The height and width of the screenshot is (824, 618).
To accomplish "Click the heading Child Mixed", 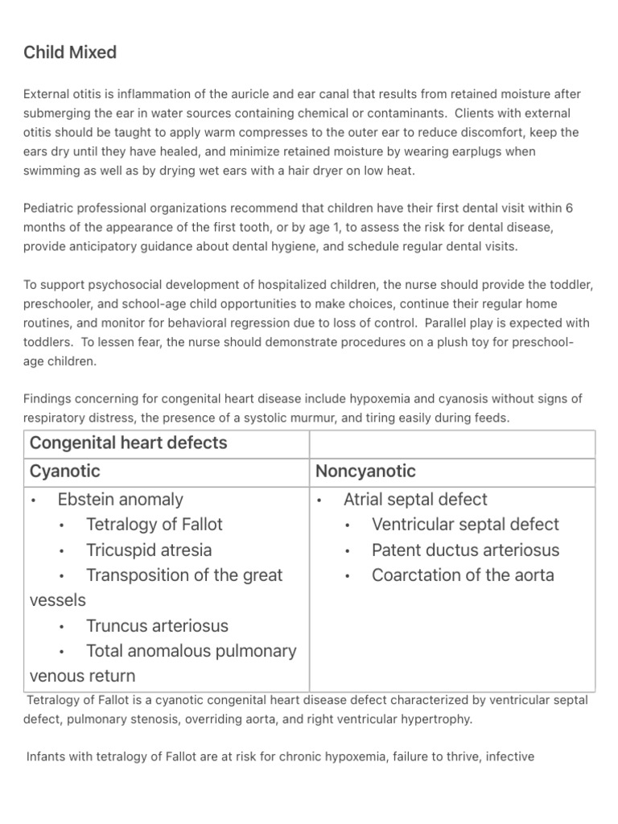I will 70,52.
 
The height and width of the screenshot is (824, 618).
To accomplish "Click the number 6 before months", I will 569,208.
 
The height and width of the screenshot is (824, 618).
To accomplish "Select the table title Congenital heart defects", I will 129,443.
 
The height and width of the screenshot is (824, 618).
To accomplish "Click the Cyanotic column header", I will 65,471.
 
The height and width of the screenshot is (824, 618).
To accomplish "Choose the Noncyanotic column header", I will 366,471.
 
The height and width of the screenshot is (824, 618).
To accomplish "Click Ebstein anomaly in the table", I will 121,500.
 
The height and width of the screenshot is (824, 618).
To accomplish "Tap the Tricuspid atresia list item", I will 149,550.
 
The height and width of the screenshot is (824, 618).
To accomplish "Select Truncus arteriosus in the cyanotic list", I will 157,626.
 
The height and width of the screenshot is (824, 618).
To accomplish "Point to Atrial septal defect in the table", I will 415,500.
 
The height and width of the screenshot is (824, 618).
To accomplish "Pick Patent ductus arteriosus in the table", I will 465,550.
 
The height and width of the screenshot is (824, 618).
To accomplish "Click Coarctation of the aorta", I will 463,575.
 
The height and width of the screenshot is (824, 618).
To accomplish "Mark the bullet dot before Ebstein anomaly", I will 34,501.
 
